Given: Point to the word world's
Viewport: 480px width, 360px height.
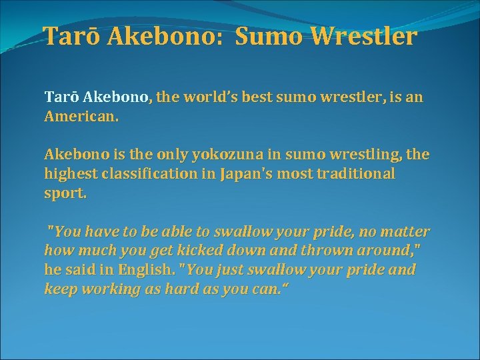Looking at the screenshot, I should pyautogui.click(x=215, y=97).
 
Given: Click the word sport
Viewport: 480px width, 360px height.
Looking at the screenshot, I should pyautogui.click(x=65, y=193).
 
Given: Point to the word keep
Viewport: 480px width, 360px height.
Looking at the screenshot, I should pyautogui.click(x=58, y=289).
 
